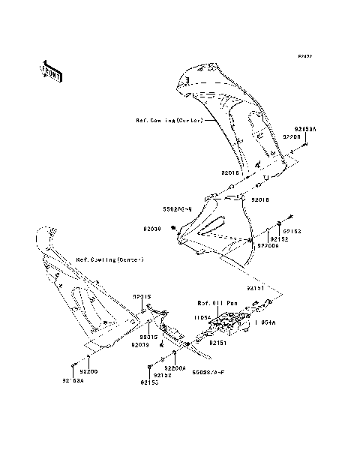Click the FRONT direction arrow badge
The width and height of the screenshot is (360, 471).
[x=51, y=70]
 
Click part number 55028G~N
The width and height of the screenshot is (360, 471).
[x=178, y=208]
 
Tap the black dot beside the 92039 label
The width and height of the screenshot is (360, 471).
[x=173, y=229]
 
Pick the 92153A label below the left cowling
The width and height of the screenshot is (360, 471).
[x=73, y=382]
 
